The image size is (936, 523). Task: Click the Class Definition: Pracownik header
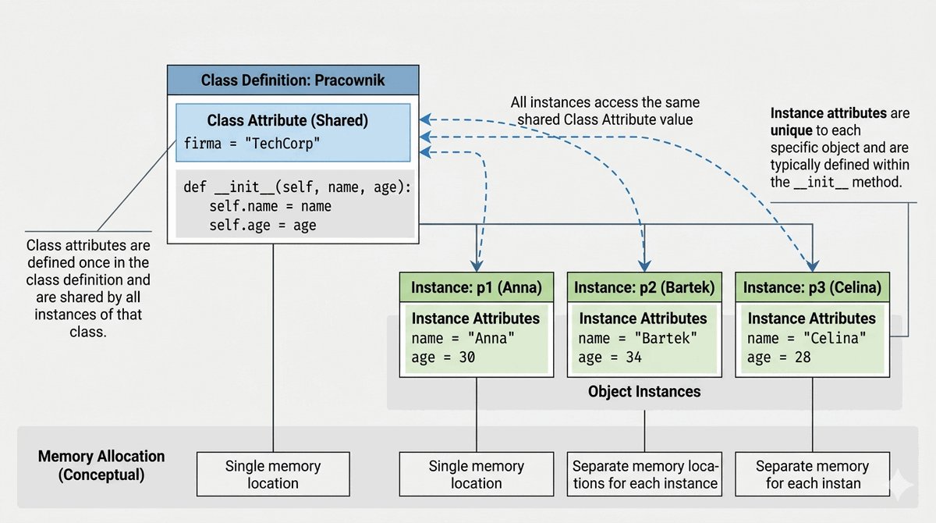tap(293, 80)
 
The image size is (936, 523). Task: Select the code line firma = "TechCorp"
tap(252, 144)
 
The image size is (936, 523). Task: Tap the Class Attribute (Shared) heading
tap(288, 120)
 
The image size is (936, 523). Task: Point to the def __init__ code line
tap(297, 187)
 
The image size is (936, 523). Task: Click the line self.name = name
tap(271, 206)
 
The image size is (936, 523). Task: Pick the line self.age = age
tap(263, 226)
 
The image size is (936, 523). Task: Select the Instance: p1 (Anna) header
tap(477, 287)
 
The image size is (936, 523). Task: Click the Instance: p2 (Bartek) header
tap(644, 287)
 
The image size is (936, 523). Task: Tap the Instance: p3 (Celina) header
tap(812, 287)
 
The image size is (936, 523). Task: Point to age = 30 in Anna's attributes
tap(443, 358)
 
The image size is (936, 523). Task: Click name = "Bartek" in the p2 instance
tap(638, 338)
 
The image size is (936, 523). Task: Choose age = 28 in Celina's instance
tap(779, 358)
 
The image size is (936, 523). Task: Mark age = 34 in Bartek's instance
tap(610, 358)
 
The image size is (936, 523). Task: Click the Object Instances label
tap(644, 392)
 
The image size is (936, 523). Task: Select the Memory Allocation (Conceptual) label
tap(101, 465)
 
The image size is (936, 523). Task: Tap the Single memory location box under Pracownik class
tap(273, 474)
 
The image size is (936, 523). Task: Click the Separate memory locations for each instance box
tap(644, 474)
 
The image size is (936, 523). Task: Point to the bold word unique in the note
tap(792, 130)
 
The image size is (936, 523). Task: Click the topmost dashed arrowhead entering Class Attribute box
tap(425, 119)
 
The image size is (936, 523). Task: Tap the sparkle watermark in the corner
tap(902, 485)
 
